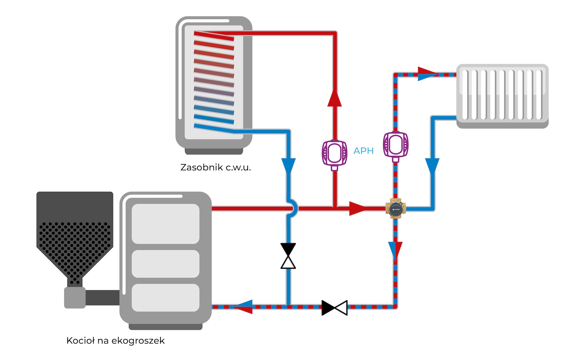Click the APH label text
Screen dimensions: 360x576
tap(363, 151)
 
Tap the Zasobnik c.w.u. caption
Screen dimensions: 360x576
tap(215, 168)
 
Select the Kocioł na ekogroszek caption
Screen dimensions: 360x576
tap(115, 340)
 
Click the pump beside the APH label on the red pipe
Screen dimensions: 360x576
tap(334, 154)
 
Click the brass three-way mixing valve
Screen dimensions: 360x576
tap(396, 209)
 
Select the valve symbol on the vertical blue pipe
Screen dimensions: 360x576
tap(288, 256)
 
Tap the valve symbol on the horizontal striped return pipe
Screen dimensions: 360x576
tap(334, 308)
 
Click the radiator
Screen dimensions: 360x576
tap(502, 95)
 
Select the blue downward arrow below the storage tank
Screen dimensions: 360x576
tap(288, 166)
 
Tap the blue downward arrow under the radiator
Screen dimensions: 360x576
tap(432, 166)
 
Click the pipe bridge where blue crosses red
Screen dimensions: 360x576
tap(293, 209)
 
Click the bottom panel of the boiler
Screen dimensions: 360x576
tap(166, 298)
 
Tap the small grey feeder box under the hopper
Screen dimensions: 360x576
tap(74, 298)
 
